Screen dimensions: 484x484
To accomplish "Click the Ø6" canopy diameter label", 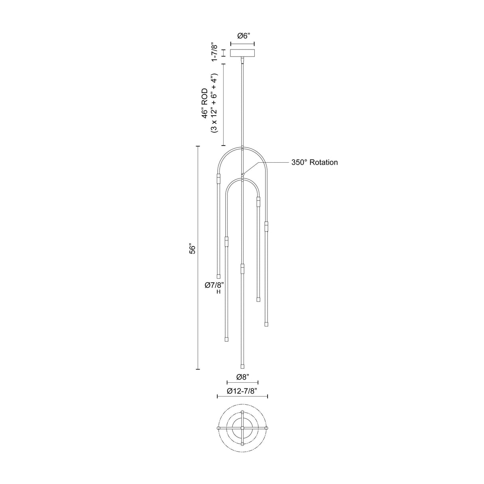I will coord(243,36).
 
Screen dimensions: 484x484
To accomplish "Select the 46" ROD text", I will coord(205,104).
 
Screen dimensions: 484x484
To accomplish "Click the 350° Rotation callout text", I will coord(315,162).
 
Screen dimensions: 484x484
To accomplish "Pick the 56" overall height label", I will coord(193,250).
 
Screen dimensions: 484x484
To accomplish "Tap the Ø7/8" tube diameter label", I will coord(214,285).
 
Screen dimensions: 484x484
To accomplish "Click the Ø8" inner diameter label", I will coord(242,377).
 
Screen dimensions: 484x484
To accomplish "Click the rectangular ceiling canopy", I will coord(242,53).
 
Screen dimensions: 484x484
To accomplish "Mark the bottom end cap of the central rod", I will coord(242,366).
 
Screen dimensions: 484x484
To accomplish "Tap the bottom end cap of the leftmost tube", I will coord(218,276).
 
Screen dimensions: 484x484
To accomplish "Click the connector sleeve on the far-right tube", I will coord(266,226).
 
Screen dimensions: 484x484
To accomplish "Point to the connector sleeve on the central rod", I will coord(242,268).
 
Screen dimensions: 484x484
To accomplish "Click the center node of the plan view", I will coord(242,428).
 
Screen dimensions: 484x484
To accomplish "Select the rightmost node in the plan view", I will coord(267,428).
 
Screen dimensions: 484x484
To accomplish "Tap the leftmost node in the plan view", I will coord(218,428).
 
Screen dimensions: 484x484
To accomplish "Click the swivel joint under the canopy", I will coord(242,60).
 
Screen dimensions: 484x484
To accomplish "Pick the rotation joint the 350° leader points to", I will coord(242,174).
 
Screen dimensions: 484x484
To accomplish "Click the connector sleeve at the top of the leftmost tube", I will coord(218,178).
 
